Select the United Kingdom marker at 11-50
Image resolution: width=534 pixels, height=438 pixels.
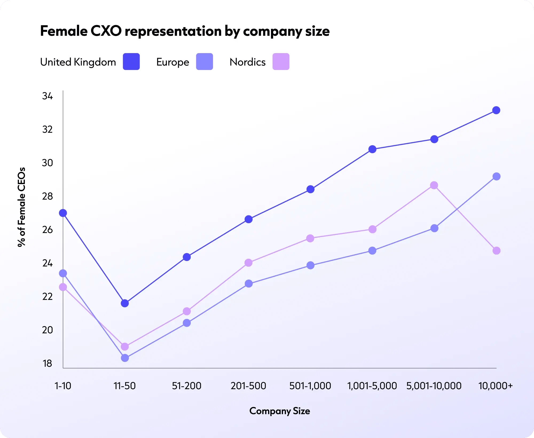(125, 303)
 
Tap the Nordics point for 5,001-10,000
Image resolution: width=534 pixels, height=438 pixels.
(434, 185)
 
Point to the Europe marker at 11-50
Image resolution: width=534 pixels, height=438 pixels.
(125, 358)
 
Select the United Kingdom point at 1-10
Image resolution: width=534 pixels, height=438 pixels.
(63, 213)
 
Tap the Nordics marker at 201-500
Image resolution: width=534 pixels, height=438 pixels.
(248, 263)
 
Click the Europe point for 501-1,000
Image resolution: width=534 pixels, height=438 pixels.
(310, 265)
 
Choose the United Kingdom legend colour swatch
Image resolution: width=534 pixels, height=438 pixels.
(131, 62)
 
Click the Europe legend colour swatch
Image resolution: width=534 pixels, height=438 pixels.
(204, 62)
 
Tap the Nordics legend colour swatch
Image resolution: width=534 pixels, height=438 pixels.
(281, 62)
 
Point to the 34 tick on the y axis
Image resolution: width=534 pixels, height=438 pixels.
(48, 96)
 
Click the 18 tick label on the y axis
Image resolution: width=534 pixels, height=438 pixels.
(48, 364)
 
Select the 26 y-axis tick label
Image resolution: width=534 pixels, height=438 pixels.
(48, 230)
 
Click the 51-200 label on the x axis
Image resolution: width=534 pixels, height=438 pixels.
(186, 386)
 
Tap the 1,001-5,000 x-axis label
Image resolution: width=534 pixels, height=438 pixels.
(372, 386)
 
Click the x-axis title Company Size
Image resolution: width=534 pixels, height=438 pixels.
(280, 411)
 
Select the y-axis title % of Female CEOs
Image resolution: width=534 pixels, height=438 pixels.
(21, 207)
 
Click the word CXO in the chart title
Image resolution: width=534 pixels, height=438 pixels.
(106, 31)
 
